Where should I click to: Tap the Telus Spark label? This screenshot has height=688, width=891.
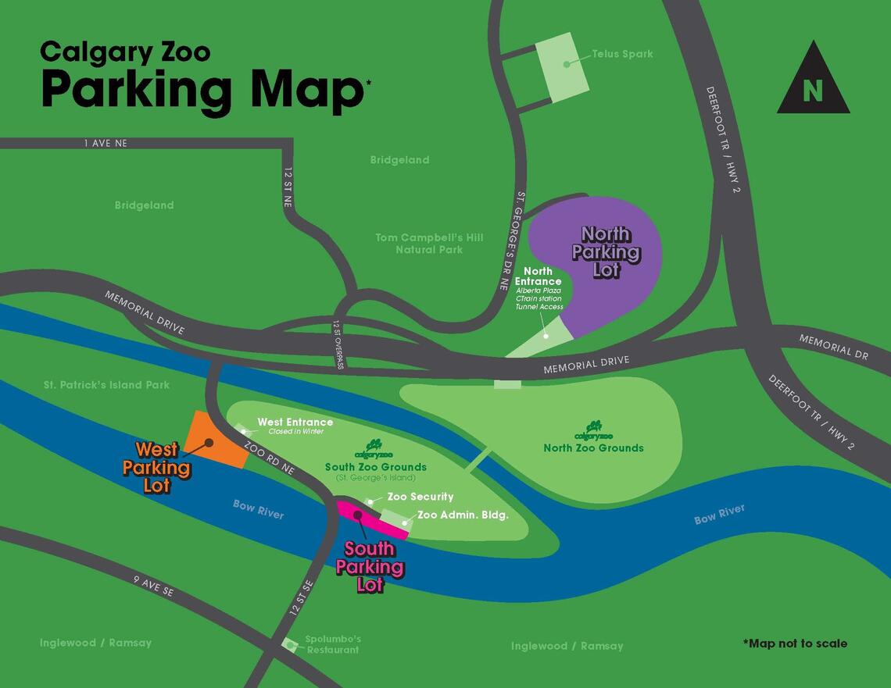[x=622, y=54]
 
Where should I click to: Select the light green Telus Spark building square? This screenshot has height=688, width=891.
[x=563, y=67]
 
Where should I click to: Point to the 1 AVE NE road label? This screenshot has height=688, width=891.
[x=106, y=144]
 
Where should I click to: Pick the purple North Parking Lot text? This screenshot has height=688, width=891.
[x=606, y=251]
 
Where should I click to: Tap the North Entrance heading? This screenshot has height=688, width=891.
[x=538, y=276]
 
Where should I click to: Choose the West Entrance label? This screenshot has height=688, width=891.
[x=295, y=422]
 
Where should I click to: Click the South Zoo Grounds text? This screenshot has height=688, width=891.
[x=375, y=467]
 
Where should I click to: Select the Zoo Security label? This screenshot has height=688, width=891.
[x=420, y=497]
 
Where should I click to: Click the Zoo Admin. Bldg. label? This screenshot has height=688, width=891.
[x=463, y=515]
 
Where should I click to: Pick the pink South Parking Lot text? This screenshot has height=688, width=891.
[x=370, y=567]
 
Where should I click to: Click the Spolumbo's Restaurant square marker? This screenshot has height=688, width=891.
[x=290, y=645]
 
